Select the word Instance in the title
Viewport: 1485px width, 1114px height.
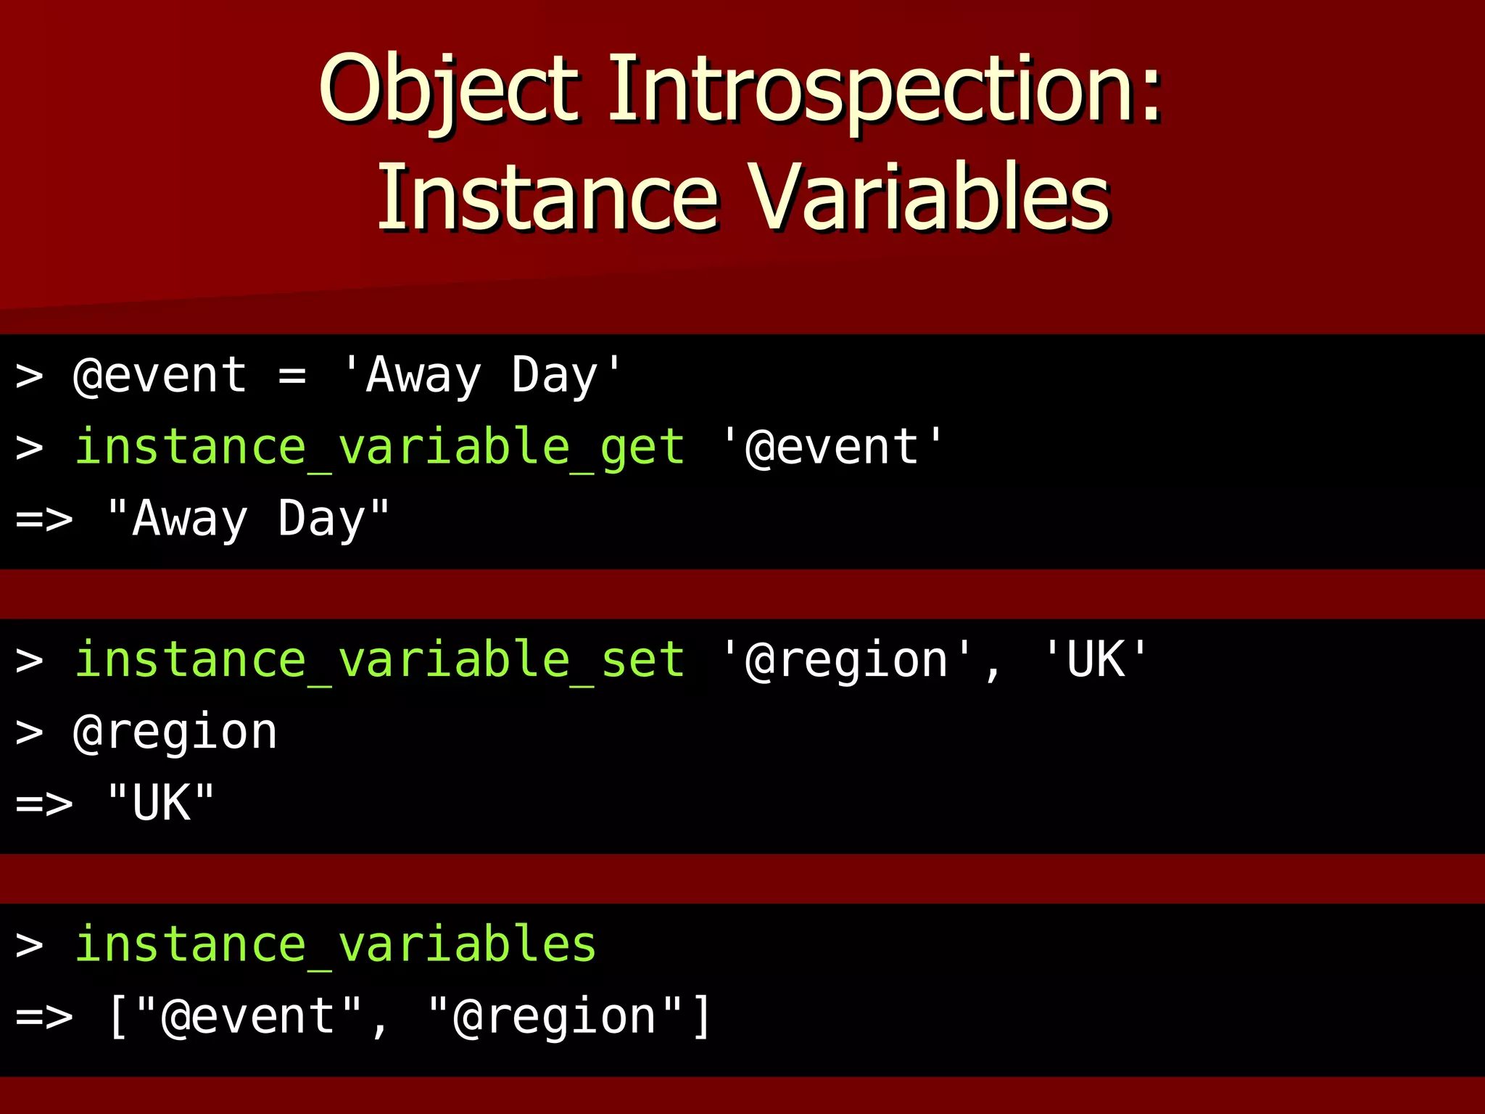547,197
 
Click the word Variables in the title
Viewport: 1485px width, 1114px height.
928,197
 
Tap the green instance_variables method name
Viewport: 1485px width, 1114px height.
335,944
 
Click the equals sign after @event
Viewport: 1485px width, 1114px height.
291,376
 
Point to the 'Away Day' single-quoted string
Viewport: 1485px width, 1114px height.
481,376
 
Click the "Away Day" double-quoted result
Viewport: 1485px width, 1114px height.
248,519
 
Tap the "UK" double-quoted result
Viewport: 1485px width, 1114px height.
161,803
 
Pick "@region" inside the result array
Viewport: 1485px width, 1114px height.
555,1017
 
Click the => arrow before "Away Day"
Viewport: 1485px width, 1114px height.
44,519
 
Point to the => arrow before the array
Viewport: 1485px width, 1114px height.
44,1017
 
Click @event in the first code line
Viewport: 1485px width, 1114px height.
160,376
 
